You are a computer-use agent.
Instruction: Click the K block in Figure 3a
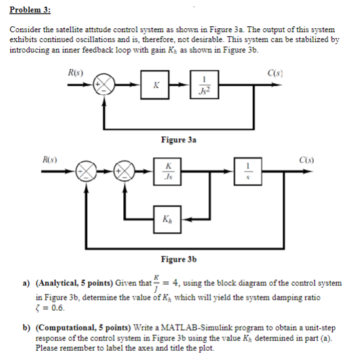155,85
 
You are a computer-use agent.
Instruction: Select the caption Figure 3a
179,139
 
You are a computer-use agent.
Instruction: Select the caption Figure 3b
179,260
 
